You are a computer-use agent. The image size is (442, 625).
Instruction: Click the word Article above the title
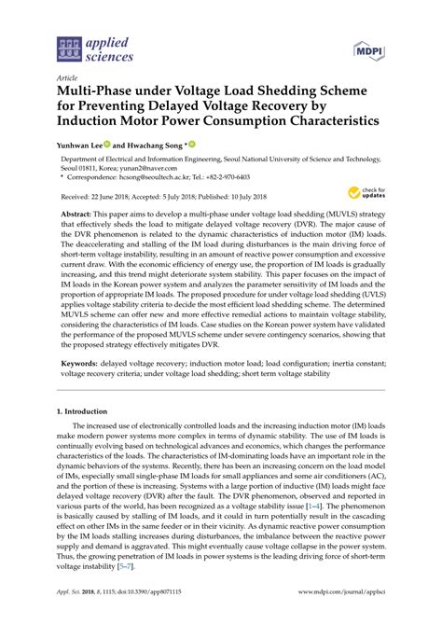(x=67, y=78)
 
